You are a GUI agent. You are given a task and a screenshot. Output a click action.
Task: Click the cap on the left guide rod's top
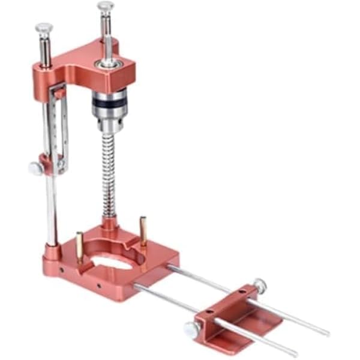[x=43, y=27]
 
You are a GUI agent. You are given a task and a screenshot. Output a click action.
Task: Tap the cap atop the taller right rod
[x=106, y=7]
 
